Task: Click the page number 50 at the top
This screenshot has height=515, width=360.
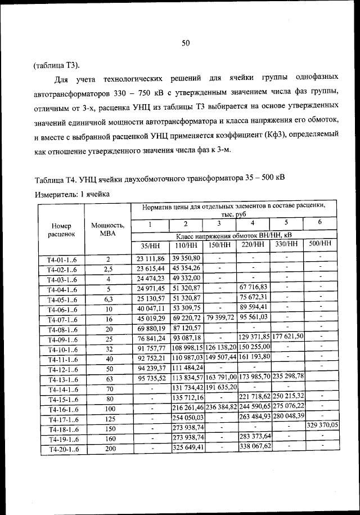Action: (x=187, y=43)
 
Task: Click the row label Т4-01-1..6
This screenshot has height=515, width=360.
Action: (x=61, y=259)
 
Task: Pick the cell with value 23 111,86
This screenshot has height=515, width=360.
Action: (x=150, y=258)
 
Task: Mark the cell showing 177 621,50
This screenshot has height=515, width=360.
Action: (x=287, y=337)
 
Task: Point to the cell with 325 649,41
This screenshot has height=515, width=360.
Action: (x=188, y=448)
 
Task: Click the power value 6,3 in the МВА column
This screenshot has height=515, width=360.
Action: (x=108, y=299)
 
